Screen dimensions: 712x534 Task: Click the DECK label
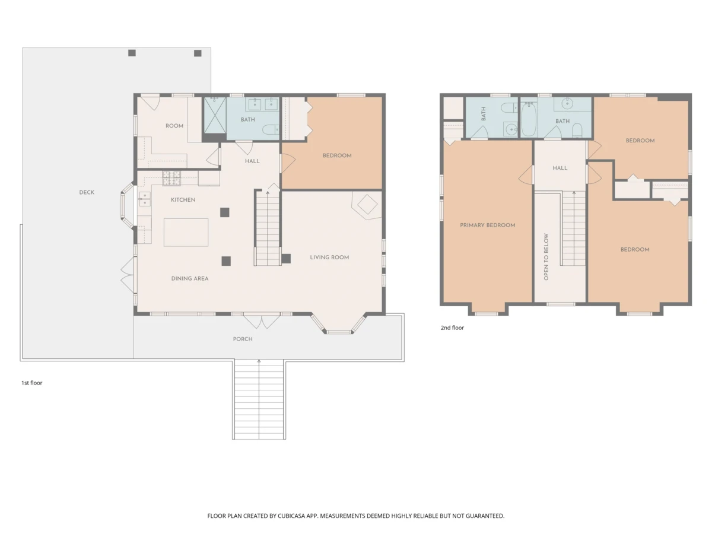(87, 192)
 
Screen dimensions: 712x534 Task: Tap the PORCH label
(243, 339)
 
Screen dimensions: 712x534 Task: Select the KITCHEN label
(183, 200)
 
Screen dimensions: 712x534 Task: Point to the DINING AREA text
(190, 278)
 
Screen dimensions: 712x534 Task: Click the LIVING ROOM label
(329, 258)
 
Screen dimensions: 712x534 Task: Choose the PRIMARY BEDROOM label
(488, 225)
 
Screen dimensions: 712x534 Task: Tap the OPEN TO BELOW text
(546, 257)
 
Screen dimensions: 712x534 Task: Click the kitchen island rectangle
(186, 232)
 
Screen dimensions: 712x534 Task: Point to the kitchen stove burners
(171, 179)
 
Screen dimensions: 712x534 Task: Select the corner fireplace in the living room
(367, 204)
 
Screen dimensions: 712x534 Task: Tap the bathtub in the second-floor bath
(529, 119)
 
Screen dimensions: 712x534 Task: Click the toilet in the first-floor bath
(271, 130)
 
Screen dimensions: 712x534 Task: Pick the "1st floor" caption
(32, 383)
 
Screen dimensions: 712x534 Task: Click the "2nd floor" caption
(452, 328)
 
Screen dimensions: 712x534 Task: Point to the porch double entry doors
(262, 321)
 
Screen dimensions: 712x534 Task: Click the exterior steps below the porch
(259, 399)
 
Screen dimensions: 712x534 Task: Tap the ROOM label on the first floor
(174, 126)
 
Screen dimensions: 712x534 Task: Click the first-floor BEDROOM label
(337, 155)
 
